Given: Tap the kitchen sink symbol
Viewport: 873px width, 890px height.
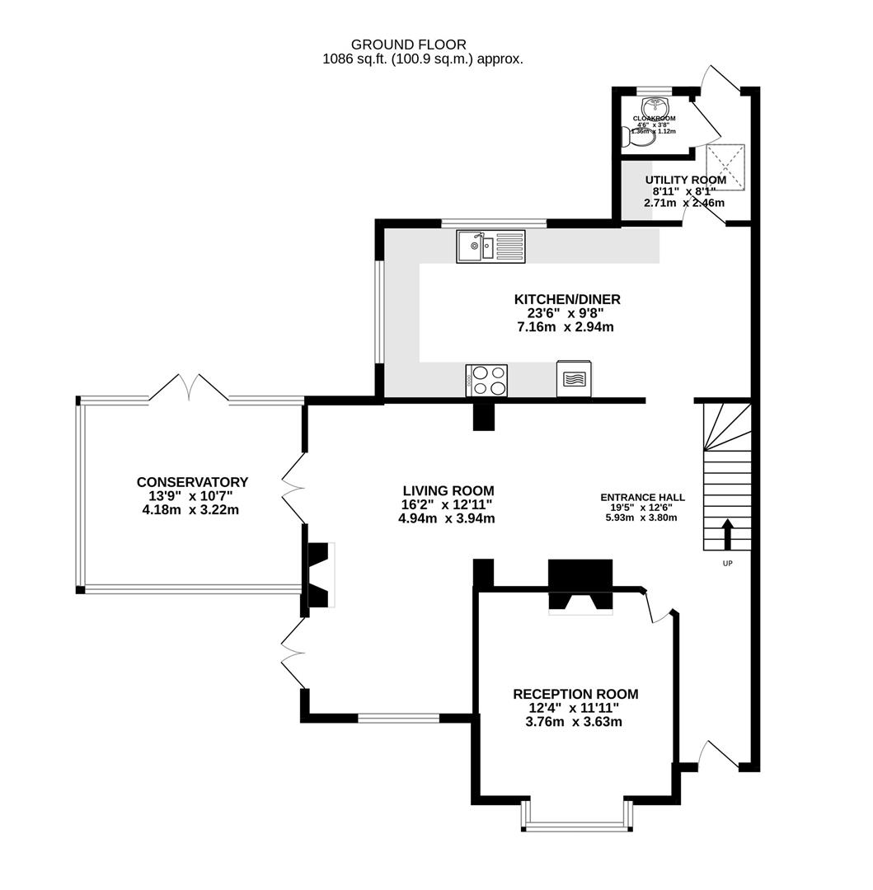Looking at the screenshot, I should click(x=490, y=246).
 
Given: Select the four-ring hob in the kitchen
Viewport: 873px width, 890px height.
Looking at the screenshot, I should click(x=487, y=380).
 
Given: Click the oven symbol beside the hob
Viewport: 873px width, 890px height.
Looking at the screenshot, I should click(x=574, y=379).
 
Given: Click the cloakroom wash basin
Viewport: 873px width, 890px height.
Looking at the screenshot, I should click(x=655, y=107).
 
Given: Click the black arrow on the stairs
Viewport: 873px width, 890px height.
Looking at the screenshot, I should click(x=727, y=533).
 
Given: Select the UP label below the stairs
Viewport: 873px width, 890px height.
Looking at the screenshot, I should click(x=727, y=564).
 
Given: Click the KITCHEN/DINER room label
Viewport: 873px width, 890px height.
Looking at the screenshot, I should click(x=566, y=299).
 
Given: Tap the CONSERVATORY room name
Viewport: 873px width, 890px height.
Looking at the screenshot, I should click(x=192, y=482).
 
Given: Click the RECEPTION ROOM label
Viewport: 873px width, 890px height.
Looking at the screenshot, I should click(x=575, y=694).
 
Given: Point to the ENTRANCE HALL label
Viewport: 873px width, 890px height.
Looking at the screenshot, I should click(x=642, y=497).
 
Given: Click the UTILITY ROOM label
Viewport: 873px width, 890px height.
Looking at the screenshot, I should click(x=685, y=180).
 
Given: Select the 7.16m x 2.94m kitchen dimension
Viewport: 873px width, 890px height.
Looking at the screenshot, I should click(x=566, y=327).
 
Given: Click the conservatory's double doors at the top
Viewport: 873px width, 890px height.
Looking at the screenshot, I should click(x=190, y=387).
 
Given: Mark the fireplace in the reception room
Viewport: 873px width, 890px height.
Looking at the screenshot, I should click(x=580, y=587).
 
